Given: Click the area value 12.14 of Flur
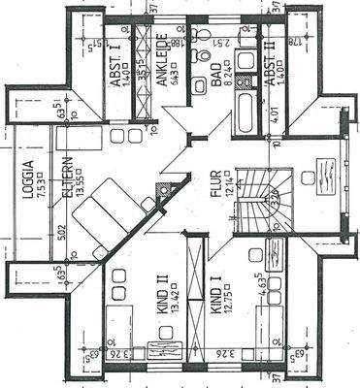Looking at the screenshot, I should click(228, 183).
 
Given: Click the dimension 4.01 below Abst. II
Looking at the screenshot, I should click(280, 125).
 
